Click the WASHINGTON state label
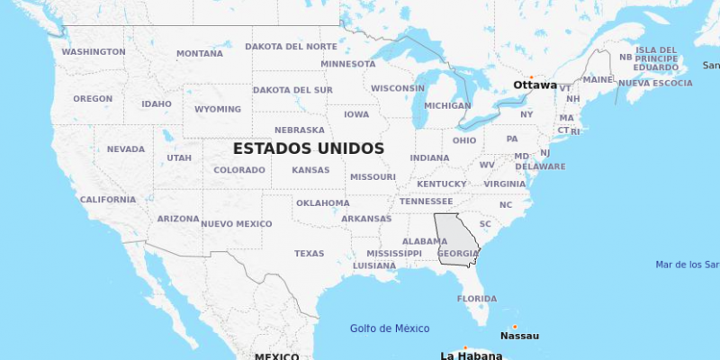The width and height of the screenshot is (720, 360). pyautogui.click(x=94, y=52)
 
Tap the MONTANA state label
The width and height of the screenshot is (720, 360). pyautogui.click(x=200, y=54)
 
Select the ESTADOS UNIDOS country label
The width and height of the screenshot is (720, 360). pyautogui.click(x=309, y=148)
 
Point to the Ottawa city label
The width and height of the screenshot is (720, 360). pyautogui.click(x=535, y=85)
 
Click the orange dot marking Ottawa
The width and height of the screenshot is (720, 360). pyautogui.click(x=531, y=76)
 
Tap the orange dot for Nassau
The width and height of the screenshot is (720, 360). pyautogui.click(x=515, y=327)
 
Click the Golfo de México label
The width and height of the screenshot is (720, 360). pyautogui.click(x=390, y=328)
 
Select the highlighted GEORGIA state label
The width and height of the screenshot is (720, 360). pyautogui.click(x=458, y=253)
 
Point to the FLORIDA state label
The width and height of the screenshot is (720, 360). pyautogui.click(x=476, y=299)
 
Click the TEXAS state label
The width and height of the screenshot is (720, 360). pyautogui.click(x=309, y=254)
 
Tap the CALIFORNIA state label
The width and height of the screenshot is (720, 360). pyautogui.click(x=108, y=200)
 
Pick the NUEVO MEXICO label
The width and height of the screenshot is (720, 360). pyautogui.click(x=236, y=224)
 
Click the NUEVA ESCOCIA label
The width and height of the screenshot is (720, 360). pyautogui.click(x=655, y=84)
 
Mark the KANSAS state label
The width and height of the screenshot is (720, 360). pyautogui.click(x=310, y=170)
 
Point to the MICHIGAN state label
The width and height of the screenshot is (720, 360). pyautogui.click(x=447, y=105)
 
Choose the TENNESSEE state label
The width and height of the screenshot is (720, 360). pyautogui.click(x=427, y=202)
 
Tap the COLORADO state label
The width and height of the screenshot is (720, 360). pyautogui.click(x=239, y=170)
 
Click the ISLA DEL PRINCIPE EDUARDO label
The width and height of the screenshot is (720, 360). pyautogui.click(x=656, y=58)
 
